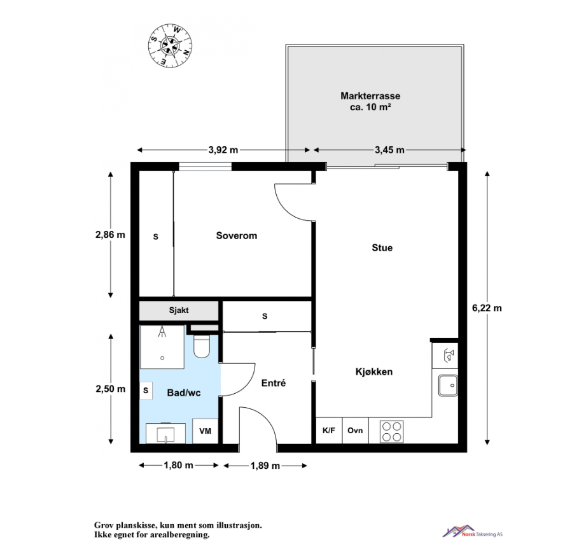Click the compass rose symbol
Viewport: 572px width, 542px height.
click(169, 45)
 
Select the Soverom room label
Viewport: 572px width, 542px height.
click(237, 235)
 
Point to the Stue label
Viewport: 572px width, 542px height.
click(382, 248)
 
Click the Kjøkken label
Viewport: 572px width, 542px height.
click(373, 372)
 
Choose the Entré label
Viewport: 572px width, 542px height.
click(274, 383)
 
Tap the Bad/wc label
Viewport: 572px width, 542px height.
click(184, 393)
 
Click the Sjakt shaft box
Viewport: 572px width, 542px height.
click(179, 311)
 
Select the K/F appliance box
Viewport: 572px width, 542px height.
click(329, 431)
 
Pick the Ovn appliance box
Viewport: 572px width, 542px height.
click(355, 431)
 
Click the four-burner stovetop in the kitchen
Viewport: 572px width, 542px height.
click(393, 431)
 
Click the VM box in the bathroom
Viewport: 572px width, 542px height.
click(206, 431)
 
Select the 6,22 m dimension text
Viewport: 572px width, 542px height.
click(487, 308)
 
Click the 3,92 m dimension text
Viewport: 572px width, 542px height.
click(223, 150)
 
